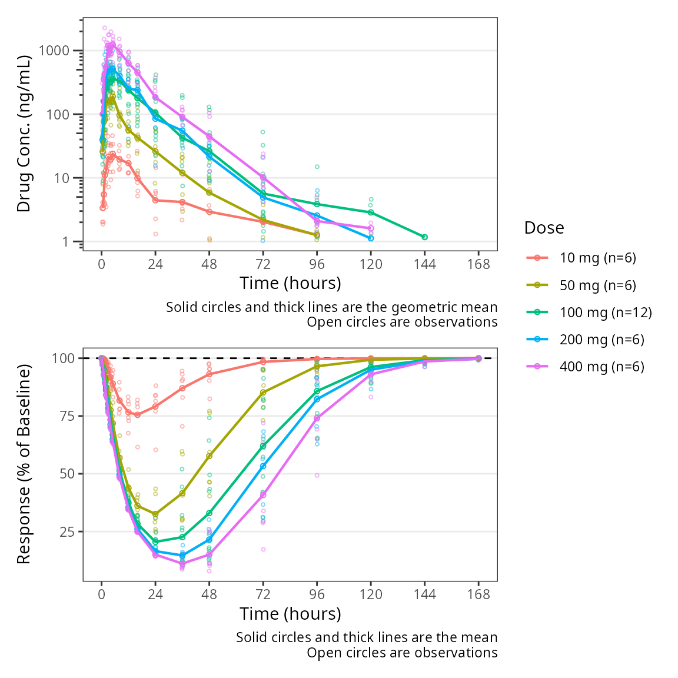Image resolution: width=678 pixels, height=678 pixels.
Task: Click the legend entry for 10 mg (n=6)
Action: tap(597, 258)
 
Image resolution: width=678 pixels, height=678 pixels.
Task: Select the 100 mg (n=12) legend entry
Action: tap(606, 313)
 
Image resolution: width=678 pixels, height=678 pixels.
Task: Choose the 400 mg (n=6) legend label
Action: tap(601, 367)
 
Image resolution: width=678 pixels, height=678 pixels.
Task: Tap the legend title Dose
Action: tap(544, 228)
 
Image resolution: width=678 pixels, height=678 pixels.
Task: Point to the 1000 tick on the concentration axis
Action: tap(54, 51)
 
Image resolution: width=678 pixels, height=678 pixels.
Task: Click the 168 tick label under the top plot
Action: tap(478, 264)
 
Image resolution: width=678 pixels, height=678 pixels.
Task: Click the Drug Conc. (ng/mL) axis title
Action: tap(24, 134)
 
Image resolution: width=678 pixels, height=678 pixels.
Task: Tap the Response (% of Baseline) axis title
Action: tap(24, 464)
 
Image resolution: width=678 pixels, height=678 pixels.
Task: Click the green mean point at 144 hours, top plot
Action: tap(424, 237)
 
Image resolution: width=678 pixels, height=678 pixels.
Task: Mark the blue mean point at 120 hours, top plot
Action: tap(371, 238)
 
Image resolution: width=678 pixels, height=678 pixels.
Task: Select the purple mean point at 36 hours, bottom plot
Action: tap(182, 564)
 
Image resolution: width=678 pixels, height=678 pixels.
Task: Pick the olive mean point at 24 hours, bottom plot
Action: tap(155, 514)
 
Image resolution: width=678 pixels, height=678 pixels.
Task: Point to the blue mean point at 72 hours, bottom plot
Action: tap(263, 466)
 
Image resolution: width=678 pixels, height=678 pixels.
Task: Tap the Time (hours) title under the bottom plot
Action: tap(290, 614)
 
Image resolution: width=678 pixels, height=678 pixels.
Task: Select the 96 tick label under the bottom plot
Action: tap(317, 594)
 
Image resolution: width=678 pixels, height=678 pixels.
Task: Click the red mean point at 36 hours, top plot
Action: tap(182, 202)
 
